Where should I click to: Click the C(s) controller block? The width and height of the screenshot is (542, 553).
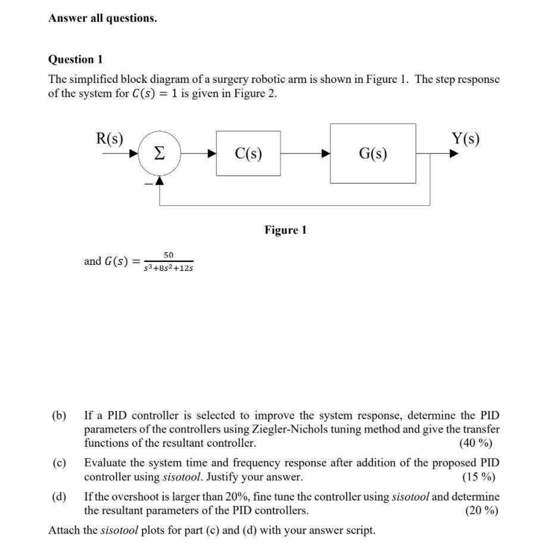248,153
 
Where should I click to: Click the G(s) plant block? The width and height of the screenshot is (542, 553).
373,153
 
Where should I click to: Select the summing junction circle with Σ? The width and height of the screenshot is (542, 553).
159,153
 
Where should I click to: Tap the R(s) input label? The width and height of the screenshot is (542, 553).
110,139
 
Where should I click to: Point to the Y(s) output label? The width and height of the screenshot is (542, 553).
465,139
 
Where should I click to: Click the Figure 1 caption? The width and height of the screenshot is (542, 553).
285,230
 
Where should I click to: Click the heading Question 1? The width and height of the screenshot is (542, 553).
75,60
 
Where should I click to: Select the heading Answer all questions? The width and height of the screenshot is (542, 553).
102,18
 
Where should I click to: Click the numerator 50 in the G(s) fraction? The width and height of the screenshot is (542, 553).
169,255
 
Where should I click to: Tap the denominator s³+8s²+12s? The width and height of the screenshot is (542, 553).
169,268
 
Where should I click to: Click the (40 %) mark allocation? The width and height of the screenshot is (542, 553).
476,443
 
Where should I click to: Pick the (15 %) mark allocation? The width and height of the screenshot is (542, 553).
478,477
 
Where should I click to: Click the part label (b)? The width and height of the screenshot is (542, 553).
58,415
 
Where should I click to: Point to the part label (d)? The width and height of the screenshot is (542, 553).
58,496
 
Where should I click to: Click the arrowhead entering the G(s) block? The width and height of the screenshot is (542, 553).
326,153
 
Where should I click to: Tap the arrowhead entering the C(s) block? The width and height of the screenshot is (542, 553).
211,153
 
